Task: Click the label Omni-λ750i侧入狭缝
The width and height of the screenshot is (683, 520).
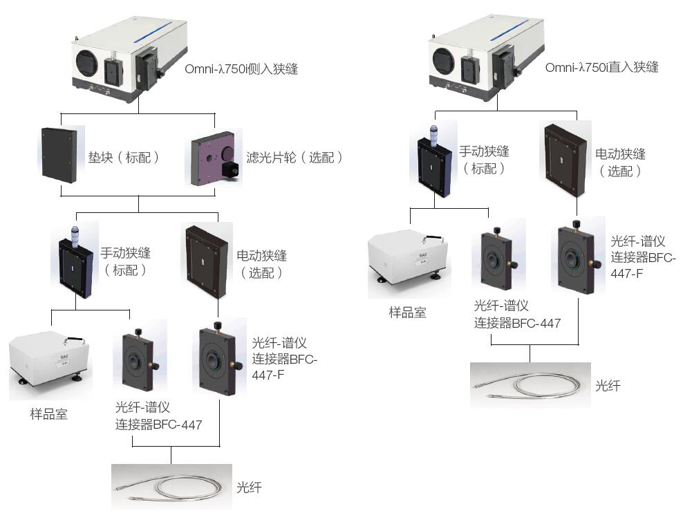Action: click(241, 68)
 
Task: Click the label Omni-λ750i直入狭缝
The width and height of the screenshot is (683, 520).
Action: click(601, 67)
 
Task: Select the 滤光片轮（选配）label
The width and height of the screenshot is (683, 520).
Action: click(294, 158)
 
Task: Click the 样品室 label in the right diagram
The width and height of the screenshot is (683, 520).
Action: click(407, 313)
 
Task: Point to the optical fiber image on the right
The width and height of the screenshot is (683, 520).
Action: click(530, 386)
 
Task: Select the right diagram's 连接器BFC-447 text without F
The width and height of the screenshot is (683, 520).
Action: click(517, 322)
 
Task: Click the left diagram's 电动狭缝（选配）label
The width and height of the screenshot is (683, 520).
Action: click(261, 263)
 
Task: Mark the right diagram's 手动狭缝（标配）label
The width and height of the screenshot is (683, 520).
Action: click(484, 160)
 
